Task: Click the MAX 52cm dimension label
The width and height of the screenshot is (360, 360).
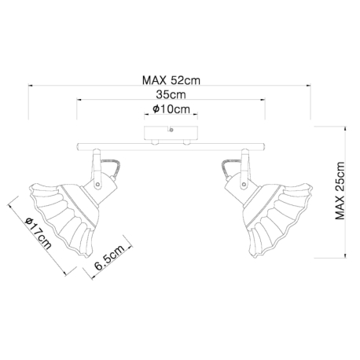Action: tap(171, 80)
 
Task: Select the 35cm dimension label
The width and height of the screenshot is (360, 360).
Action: tap(171, 94)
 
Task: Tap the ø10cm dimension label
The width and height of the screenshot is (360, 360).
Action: tap(171, 109)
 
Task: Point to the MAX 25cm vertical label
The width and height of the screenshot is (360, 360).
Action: tap(340, 191)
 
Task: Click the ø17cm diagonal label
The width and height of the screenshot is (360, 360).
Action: tap(39, 233)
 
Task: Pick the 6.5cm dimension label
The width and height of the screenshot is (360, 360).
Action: tap(109, 258)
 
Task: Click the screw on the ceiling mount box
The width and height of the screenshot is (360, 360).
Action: tap(171, 130)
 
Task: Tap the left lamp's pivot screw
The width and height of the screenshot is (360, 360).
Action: tap(97, 184)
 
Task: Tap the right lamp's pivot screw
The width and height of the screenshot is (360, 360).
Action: tap(244, 185)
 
